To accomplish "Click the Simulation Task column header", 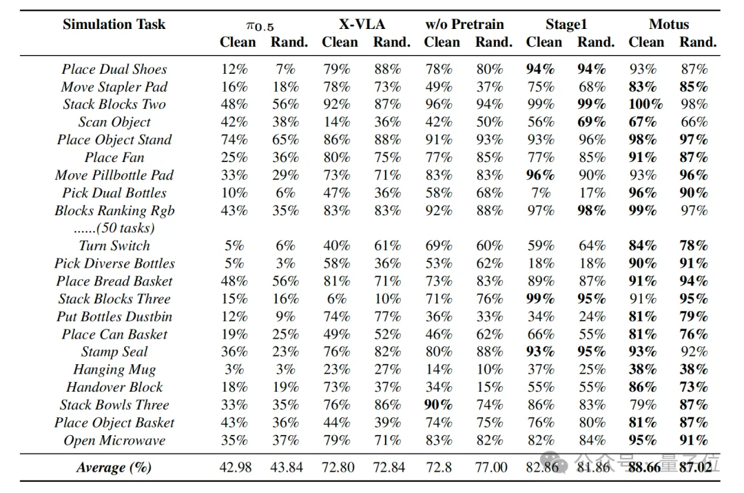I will click(114, 25).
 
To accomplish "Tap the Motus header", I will click(668, 25).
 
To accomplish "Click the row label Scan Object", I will click(114, 122).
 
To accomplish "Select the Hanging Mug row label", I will click(114, 370).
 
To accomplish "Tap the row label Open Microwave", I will click(114, 441).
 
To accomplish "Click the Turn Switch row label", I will click(114, 245).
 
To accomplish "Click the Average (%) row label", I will click(114, 467).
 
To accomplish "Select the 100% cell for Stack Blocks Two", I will click(645, 105).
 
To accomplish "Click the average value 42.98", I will click(236, 467).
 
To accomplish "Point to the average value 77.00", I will click(491, 467).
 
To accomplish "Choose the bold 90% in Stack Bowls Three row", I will click(439, 405).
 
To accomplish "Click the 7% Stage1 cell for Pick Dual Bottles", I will click(541, 193).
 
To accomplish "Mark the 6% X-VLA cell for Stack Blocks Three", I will click(337, 299).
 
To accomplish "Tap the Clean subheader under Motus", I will click(646, 42).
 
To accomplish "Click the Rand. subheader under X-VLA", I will click(391, 42).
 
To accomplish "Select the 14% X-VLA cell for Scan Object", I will click(337, 122).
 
